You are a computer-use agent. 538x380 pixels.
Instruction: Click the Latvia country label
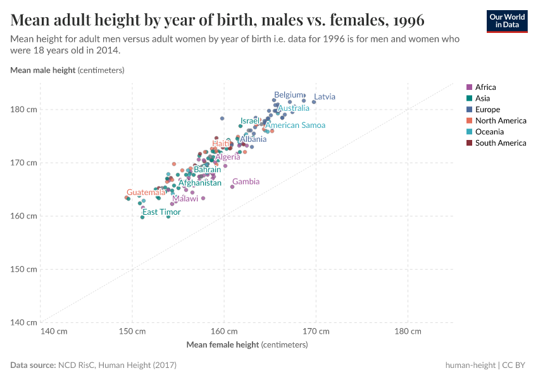pyautogui.click(x=325, y=97)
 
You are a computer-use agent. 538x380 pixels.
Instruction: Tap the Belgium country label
pyautogui.click(x=289, y=95)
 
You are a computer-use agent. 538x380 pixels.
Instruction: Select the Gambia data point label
pyautogui.click(x=246, y=182)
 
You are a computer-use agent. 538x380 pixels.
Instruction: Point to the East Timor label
pyautogui.click(x=161, y=212)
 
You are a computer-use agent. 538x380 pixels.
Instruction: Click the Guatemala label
pyautogui.click(x=146, y=193)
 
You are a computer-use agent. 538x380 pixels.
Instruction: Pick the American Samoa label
pyautogui.click(x=295, y=125)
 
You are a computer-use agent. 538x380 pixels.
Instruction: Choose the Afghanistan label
pyautogui.click(x=200, y=183)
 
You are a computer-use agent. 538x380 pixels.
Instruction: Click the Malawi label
pyautogui.click(x=185, y=199)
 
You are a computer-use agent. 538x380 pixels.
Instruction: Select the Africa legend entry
pyautogui.click(x=485, y=87)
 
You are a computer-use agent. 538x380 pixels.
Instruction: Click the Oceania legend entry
pyautogui.click(x=489, y=132)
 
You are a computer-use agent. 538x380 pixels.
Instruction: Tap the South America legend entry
pyautogui.click(x=500, y=143)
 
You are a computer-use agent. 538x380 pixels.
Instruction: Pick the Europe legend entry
pyautogui.click(x=487, y=110)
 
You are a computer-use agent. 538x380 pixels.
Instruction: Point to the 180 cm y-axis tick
pyautogui.click(x=23, y=110)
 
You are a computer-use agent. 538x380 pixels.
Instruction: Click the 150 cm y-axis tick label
pyautogui.click(x=23, y=269)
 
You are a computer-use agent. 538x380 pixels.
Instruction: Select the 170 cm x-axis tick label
pyautogui.click(x=316, y=331)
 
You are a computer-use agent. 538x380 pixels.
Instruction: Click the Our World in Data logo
pyautogui.click(x=507, y=21)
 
